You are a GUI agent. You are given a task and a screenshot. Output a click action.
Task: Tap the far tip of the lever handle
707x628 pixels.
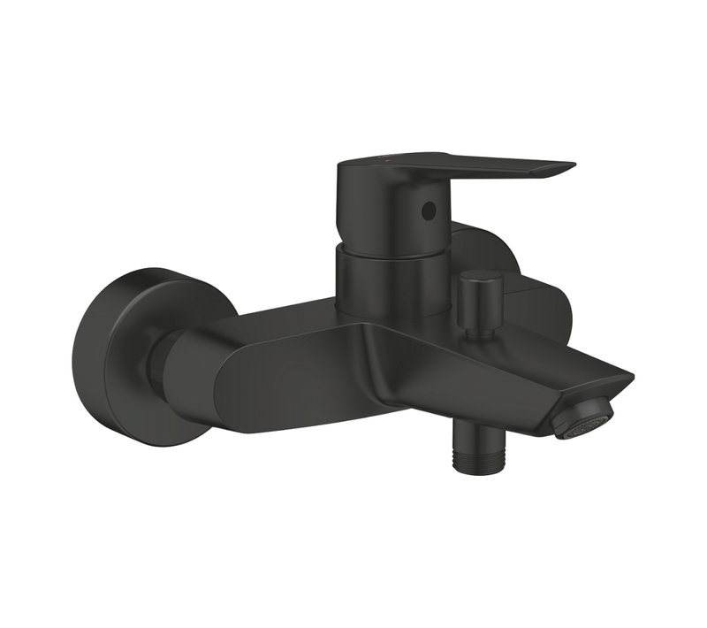570,165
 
